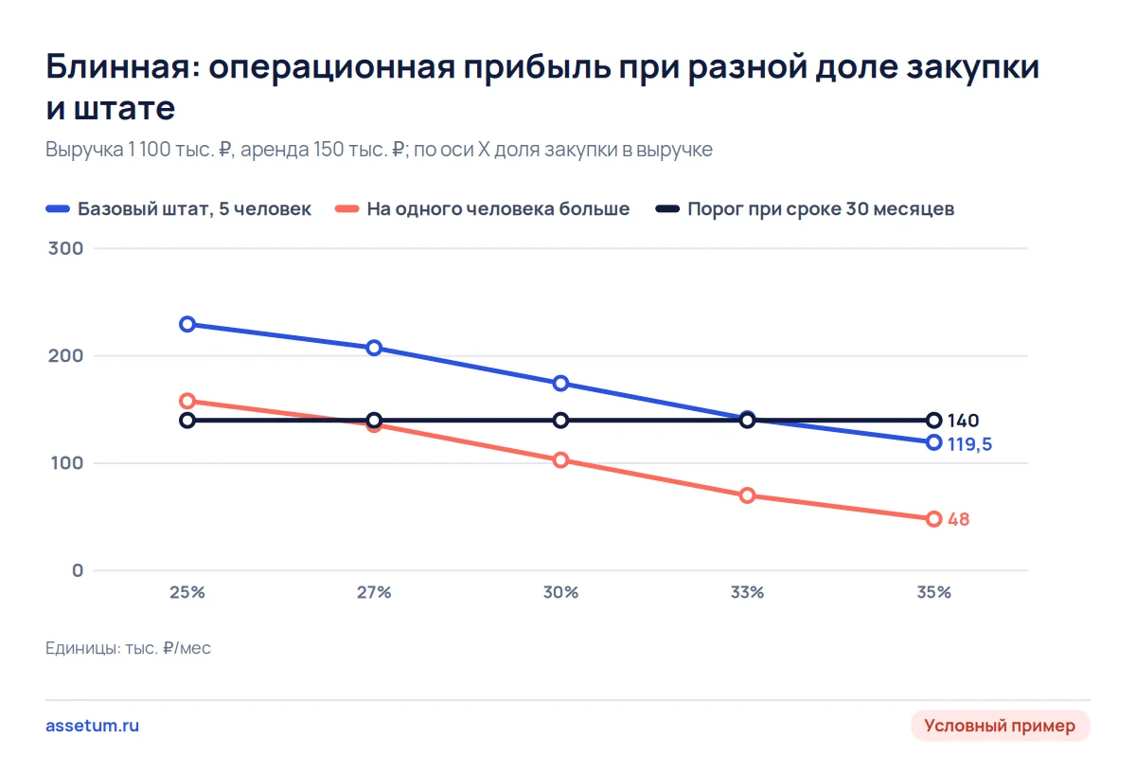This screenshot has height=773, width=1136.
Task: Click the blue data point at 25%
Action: click(x=187, y=324)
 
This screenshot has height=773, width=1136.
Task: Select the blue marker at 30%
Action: click(x=560, y=384)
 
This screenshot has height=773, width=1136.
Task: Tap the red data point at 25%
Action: click(x=187, y=401)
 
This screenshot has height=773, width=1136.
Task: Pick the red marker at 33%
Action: click(x=748, y=495)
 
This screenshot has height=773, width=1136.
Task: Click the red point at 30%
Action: click(x=560, y=459)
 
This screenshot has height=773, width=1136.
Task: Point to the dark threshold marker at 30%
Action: click(x=560, y=421)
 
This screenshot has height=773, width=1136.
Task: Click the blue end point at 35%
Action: click(x=934, y=442)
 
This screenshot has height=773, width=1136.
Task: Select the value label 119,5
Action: click(x=969, y=444)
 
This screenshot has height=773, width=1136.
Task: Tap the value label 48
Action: click(x=958, y=519)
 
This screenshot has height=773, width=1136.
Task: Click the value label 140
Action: click(x=963, y=421)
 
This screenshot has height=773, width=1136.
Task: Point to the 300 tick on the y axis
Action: click(x=66, y=248)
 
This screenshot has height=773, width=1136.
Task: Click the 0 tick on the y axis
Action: click(x=78, y=570)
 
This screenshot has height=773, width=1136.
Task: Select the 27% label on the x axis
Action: click(x=374, y=592)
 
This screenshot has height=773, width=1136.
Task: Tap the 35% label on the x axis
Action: click(x=934, y=592)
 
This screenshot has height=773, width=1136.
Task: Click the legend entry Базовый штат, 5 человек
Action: click(x=179, y=209)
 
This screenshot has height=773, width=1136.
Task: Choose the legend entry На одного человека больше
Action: click(x=482, y=209)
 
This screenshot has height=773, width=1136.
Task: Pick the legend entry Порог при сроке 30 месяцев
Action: click(x=805, y=209)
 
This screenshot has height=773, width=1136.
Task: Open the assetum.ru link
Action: click(x=93, y=726)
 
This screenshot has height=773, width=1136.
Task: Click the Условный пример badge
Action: click(x=1000, y=726)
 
